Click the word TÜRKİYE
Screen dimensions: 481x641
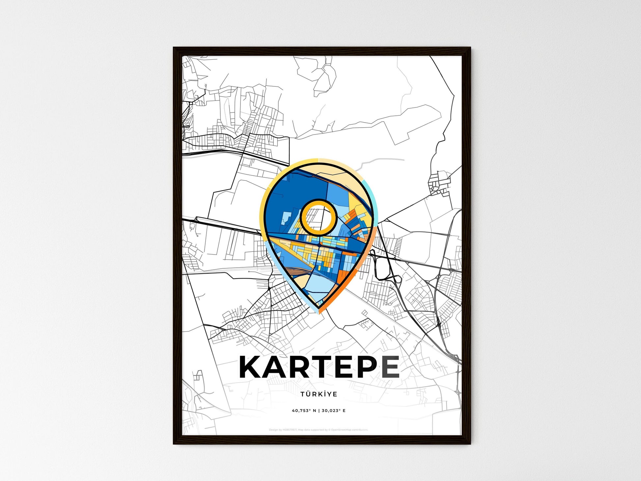319,394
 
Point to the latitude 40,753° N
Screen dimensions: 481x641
304,411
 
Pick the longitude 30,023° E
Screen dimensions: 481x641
334,411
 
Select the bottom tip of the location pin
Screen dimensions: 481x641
319,312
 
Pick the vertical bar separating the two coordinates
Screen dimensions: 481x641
319,411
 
